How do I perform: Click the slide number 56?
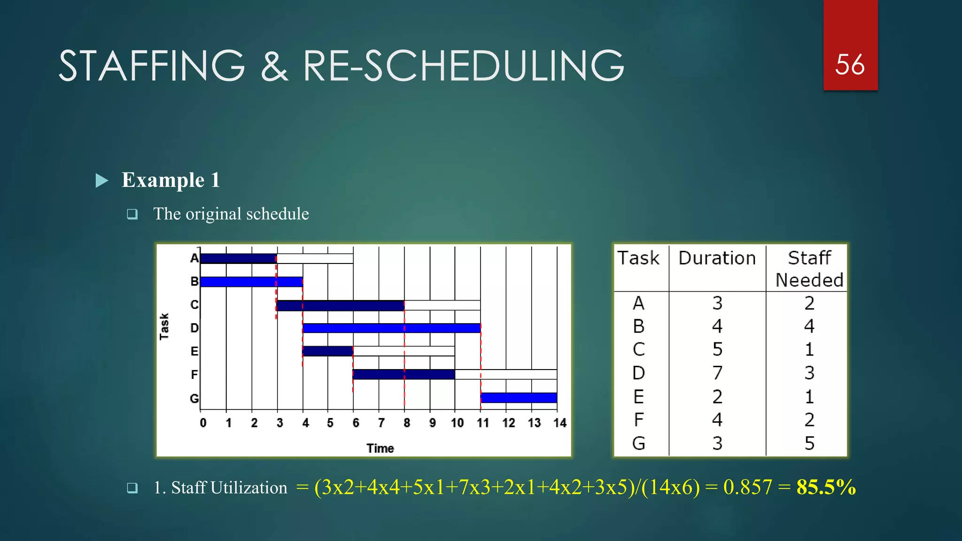pos(850,64)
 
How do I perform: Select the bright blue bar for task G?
pos(519,398)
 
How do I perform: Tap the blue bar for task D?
pos(391,328)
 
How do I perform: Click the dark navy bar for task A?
pos(238,258)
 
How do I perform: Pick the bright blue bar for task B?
pos(251,282)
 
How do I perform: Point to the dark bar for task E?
pos(327,351)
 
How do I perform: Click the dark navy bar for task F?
pos(403,374)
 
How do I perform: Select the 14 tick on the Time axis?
pos(559,423)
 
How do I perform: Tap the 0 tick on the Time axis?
pos(203,423)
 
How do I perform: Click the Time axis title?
pos(380,448)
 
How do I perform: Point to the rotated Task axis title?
pos(164,326)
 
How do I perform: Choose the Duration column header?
pos(717,258)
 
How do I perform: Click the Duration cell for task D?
pos(717,373)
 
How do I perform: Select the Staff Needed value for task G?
pos(809,443)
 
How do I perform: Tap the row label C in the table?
pos(638,349)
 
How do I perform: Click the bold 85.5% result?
pos(826,487)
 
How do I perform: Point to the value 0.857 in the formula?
pos(747,487)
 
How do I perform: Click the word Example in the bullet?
pos(163,180)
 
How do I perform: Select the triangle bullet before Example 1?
pos(101,180)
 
